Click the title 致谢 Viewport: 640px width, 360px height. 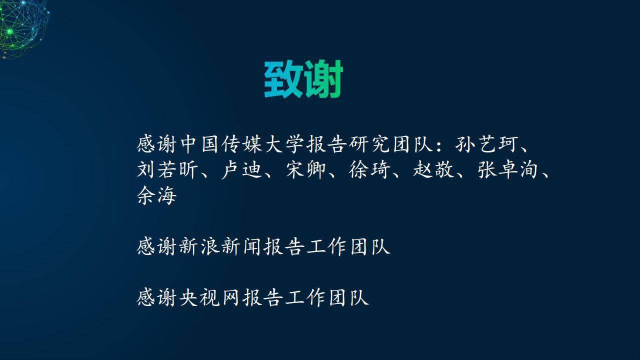[303, 79]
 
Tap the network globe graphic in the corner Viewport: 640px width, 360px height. [23, 28]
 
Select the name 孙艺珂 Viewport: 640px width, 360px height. [487, 144]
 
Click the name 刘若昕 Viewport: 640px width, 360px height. [167, 169]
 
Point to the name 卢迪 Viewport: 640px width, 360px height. [242, 169]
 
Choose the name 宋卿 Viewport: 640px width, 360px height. [306, 169]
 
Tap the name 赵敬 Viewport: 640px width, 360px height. [434, 169]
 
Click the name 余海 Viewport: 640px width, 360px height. [156, 195]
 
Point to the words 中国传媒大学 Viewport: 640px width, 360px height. [242, 144]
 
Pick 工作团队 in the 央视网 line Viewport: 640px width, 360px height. [327, 297]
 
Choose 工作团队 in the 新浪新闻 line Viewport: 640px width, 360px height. [348, 246]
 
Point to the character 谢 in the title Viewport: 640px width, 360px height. [323, 79]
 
